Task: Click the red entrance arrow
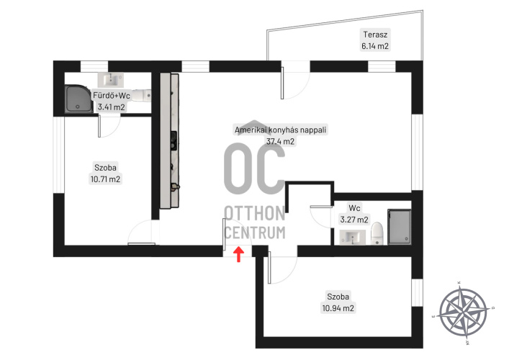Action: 238,254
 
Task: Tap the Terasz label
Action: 375,35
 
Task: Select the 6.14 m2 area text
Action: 375,46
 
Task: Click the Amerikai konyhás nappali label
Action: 280,130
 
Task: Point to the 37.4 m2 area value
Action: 280,142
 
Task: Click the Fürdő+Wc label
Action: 112,96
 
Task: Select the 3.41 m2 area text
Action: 112,107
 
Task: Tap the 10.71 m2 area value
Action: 105,179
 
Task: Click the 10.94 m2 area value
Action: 338,308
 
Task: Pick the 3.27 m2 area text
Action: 354,220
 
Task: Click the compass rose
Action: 463,312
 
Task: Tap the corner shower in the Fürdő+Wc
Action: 78,99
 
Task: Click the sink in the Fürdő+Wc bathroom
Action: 111,80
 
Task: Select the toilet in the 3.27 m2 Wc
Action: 377,233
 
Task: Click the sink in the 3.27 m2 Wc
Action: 353,238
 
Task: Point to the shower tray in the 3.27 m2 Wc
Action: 400,227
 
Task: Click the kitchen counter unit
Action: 169,141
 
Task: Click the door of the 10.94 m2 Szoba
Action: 282,270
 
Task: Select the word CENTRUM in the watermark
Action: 255,233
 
